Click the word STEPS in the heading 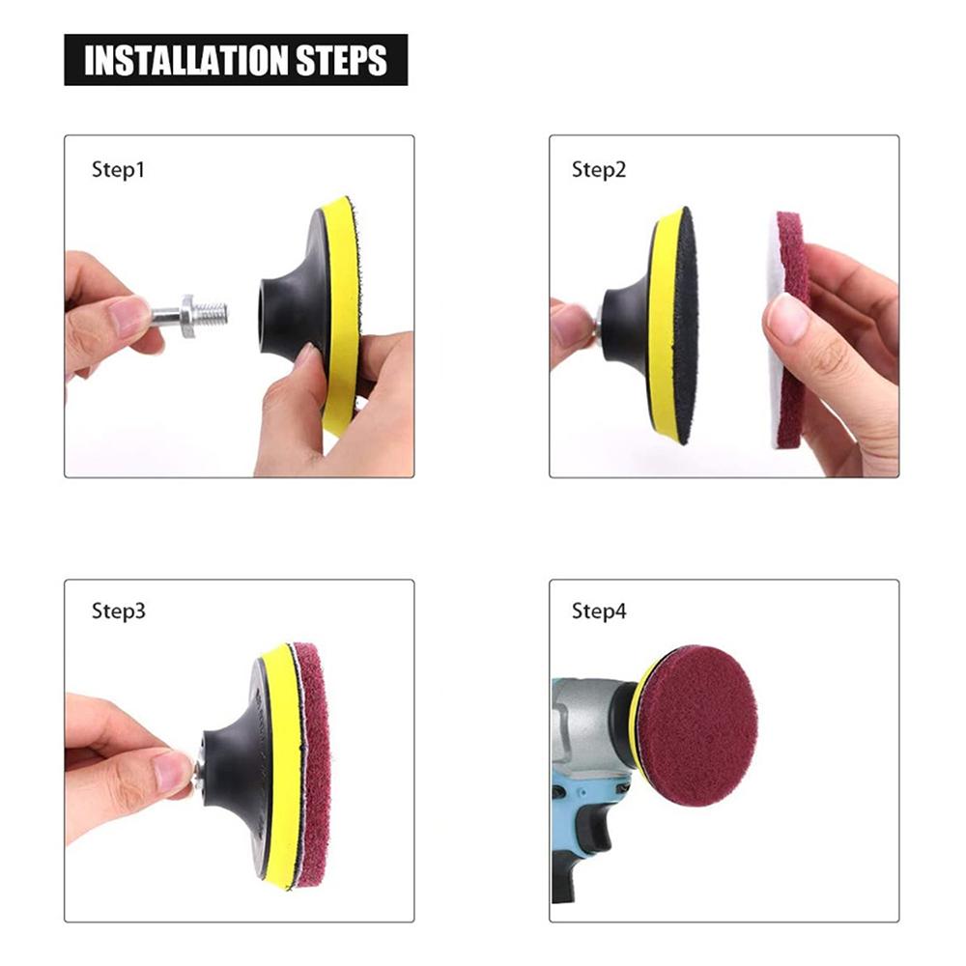coord(341,60)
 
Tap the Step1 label coord(118,169)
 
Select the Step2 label coord(599,169)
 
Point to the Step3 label coord(118,611)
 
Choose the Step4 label coord(599,611)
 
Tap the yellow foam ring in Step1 coord(339,314)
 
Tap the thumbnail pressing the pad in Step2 coord(786,317)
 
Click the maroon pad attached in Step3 coord(312,764)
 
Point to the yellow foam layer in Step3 coord(280,764)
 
